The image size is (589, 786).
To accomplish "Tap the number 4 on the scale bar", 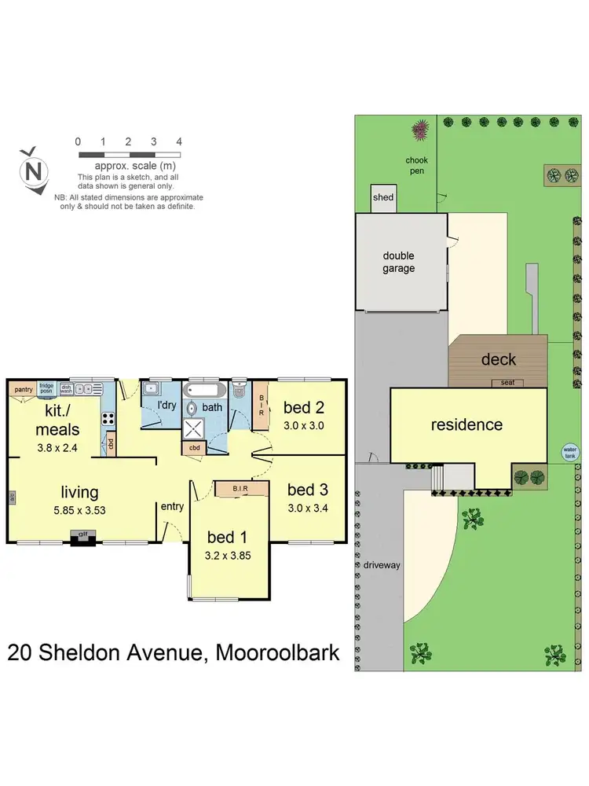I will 179,141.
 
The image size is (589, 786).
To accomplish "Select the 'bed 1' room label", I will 227,537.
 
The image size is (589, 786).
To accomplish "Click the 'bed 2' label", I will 304,407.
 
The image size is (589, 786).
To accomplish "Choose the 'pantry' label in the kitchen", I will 23,388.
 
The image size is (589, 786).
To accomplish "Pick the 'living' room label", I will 80,492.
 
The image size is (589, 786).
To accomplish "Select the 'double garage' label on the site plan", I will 399,262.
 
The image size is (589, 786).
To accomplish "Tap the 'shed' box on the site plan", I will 383,198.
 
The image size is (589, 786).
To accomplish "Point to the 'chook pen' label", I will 416,166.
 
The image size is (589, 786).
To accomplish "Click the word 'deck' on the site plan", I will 498,359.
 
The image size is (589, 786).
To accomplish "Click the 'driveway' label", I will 380,564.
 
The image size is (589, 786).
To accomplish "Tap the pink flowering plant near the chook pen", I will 420,128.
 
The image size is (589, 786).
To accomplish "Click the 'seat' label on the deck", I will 507,383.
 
